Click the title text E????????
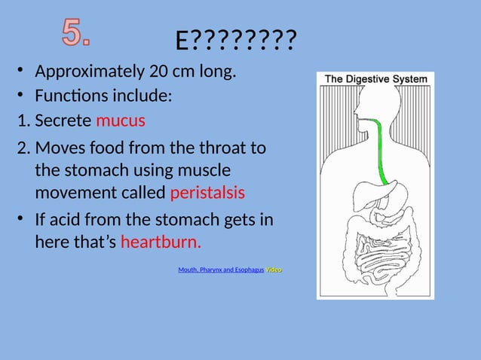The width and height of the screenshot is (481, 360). [x=235, y=42]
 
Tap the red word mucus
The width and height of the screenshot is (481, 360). [x=121, y=121]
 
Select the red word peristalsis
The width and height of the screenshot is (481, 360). [x=207, y=192]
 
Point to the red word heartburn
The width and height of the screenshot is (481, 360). [x=161, y=243]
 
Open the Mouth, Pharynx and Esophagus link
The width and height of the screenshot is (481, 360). [x=221, y=270]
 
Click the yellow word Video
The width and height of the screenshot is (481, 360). [x=274, y=270]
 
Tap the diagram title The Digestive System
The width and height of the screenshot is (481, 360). [x=375, y=78]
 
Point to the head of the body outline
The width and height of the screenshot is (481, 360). [x=368, y=105]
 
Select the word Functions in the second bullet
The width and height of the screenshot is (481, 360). [x=72, y=96]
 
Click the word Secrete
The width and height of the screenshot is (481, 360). [x=63, y=121]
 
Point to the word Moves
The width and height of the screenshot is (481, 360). [x=61, y=148]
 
